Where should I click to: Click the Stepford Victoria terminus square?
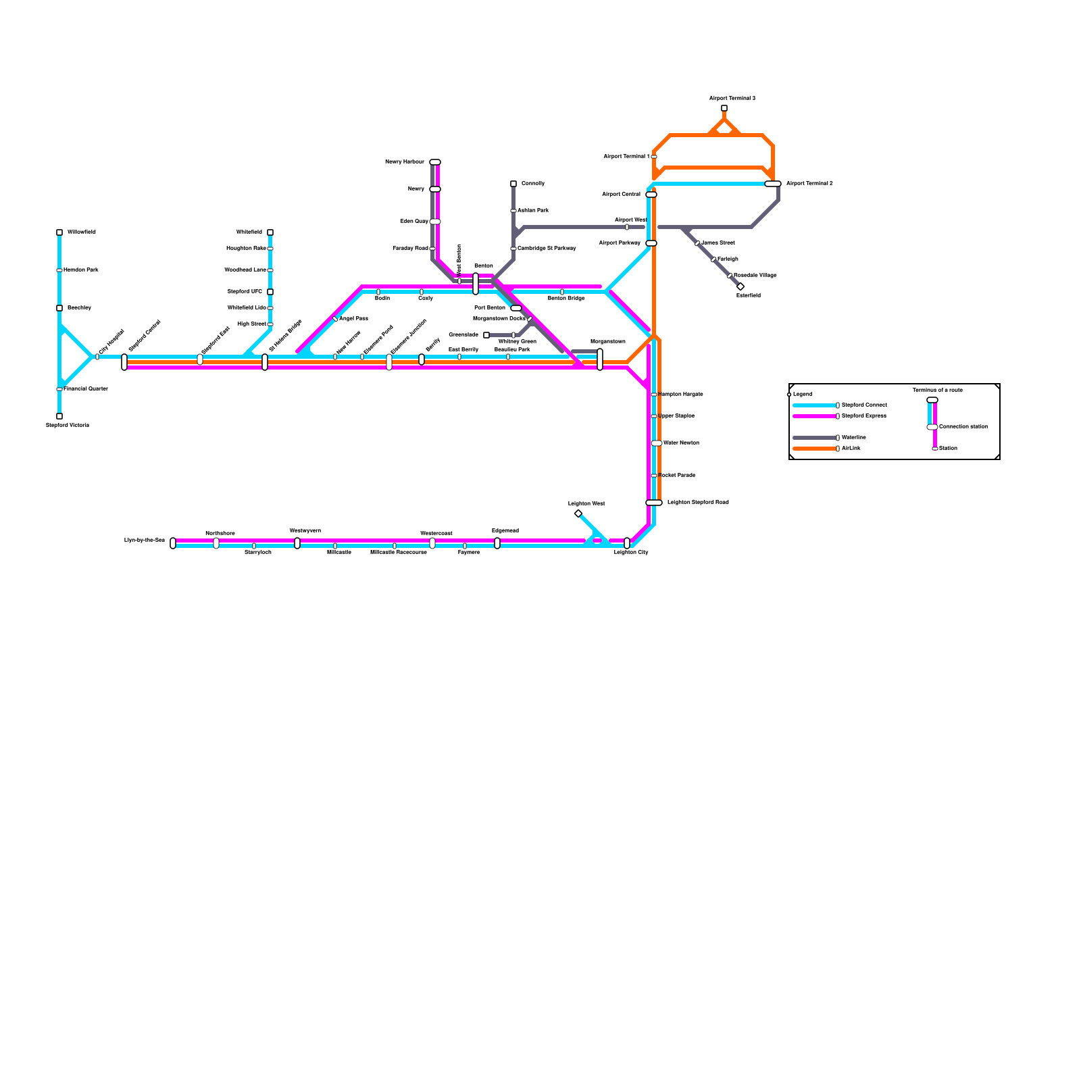(x=59, y=416)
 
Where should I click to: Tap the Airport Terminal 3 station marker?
(x=724, y=108)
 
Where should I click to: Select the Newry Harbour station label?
(x=404, y=162)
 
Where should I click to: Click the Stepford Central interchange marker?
(x=124, y=362)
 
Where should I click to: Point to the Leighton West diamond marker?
(x=578, y=513)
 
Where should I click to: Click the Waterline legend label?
(x=854, y=438)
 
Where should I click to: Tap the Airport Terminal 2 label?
(x=809, y=184)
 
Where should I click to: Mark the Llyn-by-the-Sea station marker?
(x=173, y=543)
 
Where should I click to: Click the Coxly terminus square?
(x=513, y=184)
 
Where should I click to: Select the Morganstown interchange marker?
(x=600, y=359)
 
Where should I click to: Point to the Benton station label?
(x=484, y=266)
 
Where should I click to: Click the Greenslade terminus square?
(x=486, y=335)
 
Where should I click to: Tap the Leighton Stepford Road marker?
(x=654, y=503)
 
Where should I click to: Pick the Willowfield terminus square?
(x=59, y=232)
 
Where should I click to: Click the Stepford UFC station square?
(x=270, y=292)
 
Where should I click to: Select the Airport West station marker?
(x=627, y=227)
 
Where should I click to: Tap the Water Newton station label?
(x=681, y=443)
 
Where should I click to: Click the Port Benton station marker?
(x=516, y=308)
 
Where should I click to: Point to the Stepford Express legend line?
(x=814, y=416)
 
